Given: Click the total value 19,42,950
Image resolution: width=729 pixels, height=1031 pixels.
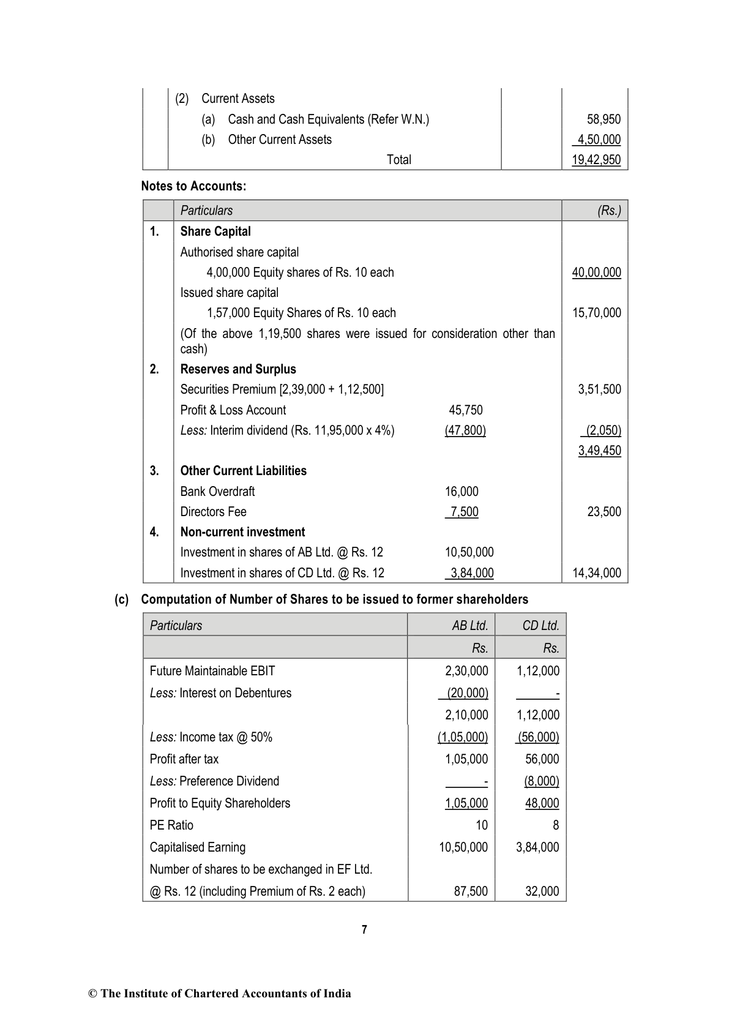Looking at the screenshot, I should point(596,160).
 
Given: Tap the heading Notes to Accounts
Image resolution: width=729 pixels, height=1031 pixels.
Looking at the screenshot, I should point(193,186).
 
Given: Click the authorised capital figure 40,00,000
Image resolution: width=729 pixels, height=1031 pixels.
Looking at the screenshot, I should point(596,272).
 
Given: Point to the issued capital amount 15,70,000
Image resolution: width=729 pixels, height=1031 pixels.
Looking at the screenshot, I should point(596,313).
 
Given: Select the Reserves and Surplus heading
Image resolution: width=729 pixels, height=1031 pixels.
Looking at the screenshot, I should point(238,369).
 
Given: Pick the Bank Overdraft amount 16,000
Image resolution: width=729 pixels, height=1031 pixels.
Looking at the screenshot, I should point(462,492).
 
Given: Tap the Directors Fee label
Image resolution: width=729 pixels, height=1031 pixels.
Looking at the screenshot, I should point(213,512).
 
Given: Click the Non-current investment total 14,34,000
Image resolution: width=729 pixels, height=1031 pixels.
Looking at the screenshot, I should point(596,573).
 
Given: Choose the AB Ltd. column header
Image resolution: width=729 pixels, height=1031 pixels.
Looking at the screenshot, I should point(469,625).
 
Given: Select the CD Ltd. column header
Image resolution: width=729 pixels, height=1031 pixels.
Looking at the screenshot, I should point(540,625).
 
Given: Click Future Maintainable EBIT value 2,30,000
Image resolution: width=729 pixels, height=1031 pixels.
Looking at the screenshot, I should point(466,671).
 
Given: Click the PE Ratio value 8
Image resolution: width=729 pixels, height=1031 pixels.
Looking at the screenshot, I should point(556,825).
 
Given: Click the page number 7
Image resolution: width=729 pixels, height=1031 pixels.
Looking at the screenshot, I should point(364,929).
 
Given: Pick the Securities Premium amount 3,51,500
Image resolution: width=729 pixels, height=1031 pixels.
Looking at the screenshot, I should point(599,389).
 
